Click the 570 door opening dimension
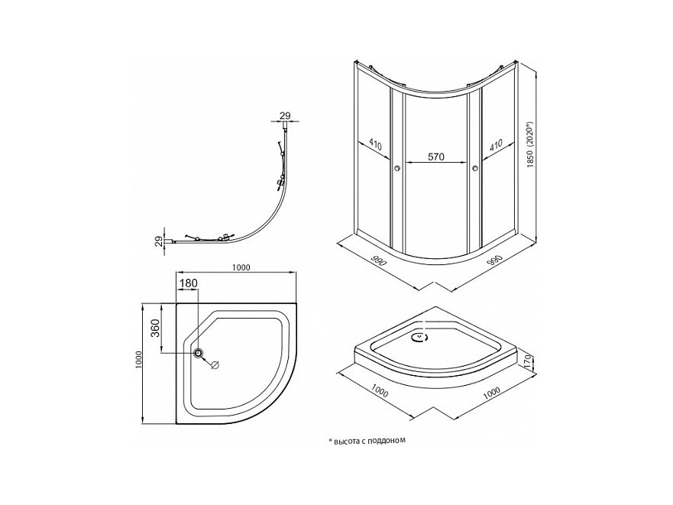[x=436, y=157]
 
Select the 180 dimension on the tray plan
[x=188, y=283]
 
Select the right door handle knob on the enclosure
[x=475, y=170]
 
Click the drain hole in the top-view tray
[x=199, y=353]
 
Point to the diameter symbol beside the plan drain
[x=214, y=364]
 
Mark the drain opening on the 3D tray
[x=419, y=335]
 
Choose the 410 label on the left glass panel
[x=375, y=144]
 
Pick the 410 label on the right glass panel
[x=495, y=144]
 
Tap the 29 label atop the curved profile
[x=285, y=115]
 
